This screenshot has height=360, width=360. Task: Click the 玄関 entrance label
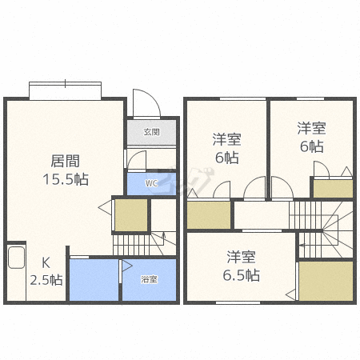click(x=151, y=132)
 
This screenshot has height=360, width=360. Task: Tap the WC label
click(x=151, y=183)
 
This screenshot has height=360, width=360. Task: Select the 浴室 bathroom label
click(x=149, y=279)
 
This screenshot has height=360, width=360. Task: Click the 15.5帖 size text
click(x=66, y=179)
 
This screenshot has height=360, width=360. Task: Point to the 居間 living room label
click(x=66, y=161)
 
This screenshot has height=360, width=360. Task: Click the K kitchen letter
click(x=46, y=263)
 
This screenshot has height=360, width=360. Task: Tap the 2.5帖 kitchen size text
click(x=46, y=280)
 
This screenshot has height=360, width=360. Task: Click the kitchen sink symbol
click(x=16, y=258)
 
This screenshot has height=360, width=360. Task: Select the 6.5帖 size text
click(x=242, y=275)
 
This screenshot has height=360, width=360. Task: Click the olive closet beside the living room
click(x=131, y=215)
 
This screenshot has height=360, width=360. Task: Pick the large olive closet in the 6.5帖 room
click(x=326, y=281)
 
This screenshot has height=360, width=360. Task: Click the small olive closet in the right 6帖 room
click(x=333, y=189)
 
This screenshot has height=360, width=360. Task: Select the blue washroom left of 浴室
click(x=94, y=280)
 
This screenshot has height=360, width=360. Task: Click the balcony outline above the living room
click(x=65, y=90)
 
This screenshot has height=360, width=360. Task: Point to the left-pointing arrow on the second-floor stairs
click(x=302, y=245)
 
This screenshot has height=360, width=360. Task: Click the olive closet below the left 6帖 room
click(x=209, y=215)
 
